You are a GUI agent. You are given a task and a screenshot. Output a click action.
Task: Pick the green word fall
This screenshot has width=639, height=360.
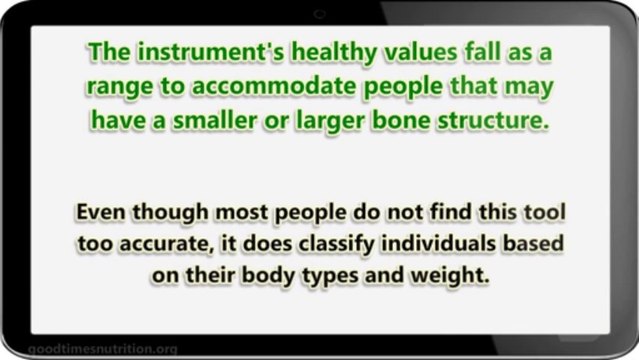point(459,51)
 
